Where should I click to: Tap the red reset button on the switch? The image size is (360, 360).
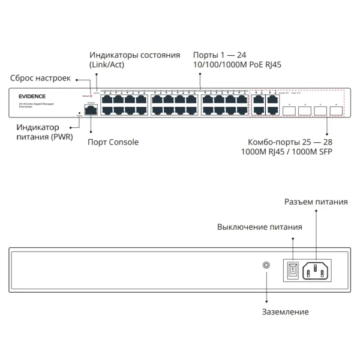[91, 96]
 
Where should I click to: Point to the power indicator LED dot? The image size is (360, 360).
[79, 113]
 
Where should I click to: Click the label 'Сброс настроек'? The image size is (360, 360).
[40, 78]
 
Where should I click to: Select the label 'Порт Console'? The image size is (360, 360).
[113, 142]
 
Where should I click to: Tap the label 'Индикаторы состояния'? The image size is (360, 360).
[134, 55]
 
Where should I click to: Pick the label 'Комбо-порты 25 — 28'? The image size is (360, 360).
[290, 142]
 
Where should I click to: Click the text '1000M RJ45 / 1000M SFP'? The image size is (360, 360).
[286, 152]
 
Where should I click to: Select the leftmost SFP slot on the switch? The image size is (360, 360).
[287, 110]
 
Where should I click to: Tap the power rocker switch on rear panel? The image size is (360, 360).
[292, 271]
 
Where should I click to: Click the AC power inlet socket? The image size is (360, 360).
[316, 271]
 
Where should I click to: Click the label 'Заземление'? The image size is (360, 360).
[285, 311]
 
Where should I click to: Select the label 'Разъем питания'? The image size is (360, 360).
[316, 202]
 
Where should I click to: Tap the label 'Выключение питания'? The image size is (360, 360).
[259, 227]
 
